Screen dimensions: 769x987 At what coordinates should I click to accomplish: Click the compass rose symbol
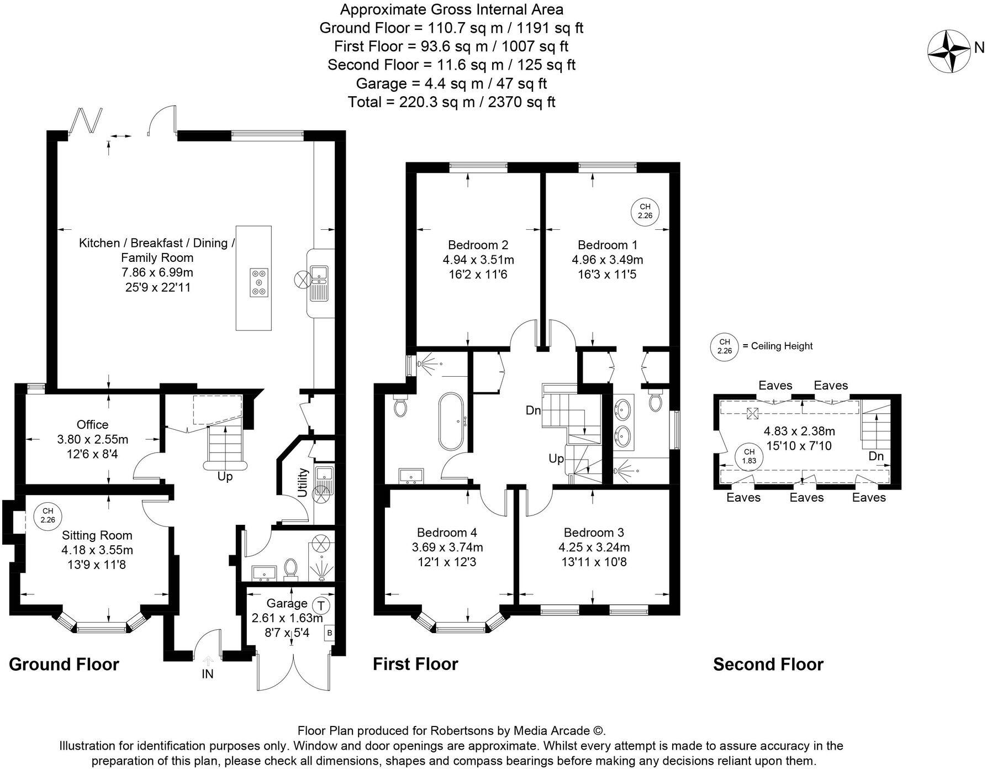pos(949,51)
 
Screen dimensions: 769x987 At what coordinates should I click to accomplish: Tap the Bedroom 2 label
pos(478,245)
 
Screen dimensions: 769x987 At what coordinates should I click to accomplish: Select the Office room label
pos(92,424)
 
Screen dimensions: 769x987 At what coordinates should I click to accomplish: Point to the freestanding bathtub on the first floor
pos(452,422)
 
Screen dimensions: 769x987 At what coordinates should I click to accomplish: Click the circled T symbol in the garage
pos(321,605)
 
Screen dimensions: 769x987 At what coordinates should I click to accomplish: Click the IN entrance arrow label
pos(208,673)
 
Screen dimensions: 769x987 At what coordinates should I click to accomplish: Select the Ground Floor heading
pos(64,664)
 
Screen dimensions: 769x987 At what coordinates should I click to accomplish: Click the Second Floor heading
pos(768,664)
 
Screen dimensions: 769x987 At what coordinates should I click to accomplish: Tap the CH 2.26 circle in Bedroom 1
pos(645,212)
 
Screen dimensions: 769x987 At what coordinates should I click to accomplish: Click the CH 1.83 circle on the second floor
pos(749,456)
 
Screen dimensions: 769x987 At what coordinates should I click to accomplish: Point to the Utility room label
pos(303,482)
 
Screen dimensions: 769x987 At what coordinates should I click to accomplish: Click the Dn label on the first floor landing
pos(533,410)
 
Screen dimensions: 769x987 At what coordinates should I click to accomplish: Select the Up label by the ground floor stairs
pos(225,476)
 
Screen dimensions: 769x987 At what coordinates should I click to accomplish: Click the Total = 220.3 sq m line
pos(451,102)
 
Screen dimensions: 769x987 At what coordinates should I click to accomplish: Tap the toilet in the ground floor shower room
pos(290,568)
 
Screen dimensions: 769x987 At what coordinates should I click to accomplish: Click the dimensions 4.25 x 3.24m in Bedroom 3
pos(594,547)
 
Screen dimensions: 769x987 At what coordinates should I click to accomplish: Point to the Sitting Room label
pos(97,535)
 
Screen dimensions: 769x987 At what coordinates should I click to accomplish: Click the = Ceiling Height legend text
pos(777,346)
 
